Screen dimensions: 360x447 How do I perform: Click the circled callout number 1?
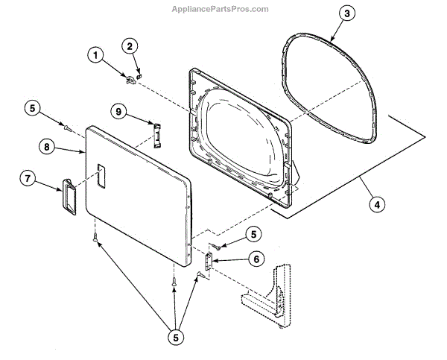click(95, 54)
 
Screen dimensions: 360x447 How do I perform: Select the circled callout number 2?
click(130, 47)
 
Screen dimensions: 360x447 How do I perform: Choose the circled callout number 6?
click(255, 259)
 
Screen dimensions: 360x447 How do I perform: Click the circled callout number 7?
click(28, 179)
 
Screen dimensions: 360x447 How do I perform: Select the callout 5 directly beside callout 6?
click(255, 234)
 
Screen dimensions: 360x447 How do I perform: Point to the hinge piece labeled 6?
click(209, 260)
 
